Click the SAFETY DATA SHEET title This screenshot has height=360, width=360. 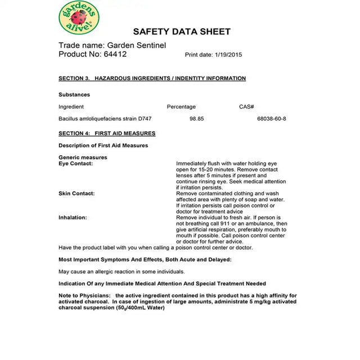[x=182, y=31]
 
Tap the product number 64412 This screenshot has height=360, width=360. [x=115, y=54]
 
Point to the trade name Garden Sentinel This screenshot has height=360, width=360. [x=136, y=45]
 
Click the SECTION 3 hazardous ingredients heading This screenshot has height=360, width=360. [x=152, y=78]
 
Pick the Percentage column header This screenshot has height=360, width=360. [x=181, y=106]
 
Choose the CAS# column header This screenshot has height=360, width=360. [x=246, y=106]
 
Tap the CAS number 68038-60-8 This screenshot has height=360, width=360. [x=272, y=119]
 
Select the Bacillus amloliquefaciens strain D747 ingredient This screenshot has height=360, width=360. [x=105, y=119]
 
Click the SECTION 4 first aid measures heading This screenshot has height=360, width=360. [x=107, y=133]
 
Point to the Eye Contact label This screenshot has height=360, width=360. [x=75, y=163]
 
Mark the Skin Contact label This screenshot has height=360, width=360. [x=76, y=193]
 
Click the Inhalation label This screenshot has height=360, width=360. [x=73, y=217]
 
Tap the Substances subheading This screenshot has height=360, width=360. [x=74, y=94]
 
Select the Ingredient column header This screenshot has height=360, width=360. [x=71, y=106]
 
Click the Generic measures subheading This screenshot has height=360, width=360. [x=83, y=157]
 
